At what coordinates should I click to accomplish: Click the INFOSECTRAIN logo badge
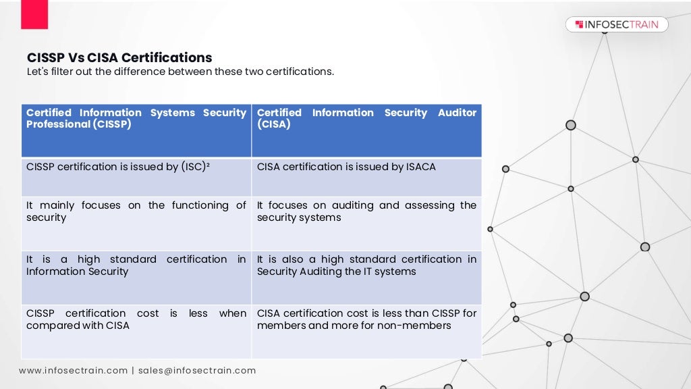617,25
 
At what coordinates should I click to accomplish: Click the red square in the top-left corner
34,14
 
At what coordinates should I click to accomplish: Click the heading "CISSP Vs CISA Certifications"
119,58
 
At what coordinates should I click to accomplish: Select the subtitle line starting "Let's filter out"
180,72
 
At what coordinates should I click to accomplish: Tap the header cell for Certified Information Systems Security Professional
136,130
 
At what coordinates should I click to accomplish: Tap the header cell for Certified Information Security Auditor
366,130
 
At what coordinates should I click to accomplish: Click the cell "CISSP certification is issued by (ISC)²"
136,177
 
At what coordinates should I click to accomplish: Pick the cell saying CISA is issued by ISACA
366,177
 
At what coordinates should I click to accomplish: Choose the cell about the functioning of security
136,223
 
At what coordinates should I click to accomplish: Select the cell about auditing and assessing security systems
366,223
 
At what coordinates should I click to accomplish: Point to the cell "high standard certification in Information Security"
136,277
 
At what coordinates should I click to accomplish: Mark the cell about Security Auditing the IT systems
366,277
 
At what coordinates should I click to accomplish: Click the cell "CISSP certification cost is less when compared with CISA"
136,331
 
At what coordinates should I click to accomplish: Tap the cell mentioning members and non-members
366,331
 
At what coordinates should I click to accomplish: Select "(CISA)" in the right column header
274,125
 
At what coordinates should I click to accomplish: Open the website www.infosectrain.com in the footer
73,371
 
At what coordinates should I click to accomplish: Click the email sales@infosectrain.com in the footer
198,371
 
